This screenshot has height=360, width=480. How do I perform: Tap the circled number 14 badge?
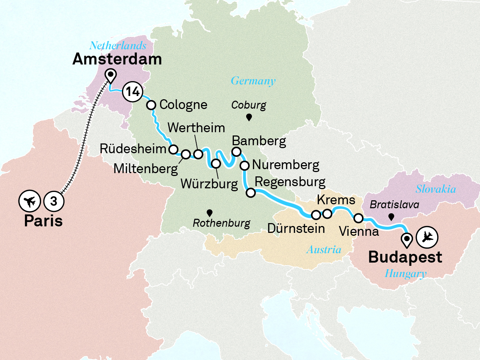(x=132, y=92)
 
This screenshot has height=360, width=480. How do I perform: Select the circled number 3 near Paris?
(x=54, y=201)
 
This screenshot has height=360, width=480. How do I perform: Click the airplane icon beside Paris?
(x=29, y=201)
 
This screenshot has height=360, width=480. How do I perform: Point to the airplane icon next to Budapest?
(x=427, y=237)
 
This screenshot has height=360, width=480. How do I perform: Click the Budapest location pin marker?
(x=407, y=239)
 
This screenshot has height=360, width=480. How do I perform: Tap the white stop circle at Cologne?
(x=151, y=105)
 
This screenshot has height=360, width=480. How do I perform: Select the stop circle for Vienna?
(x=358, y=218)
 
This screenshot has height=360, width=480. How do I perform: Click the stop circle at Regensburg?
(x=250, y=193)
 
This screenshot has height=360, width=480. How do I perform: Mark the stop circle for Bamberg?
(x=236, y=152)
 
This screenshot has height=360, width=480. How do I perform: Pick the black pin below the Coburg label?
(x=249, y=117)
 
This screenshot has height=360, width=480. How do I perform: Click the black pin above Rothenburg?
(x=209, y=213)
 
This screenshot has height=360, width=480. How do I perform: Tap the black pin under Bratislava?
(x=391, y=217)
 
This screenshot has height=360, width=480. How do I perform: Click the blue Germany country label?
(x=253, y=81)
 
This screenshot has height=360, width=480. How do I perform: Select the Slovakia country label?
(x=435, y=189)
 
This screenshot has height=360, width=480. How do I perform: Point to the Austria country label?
(x=324, y=250)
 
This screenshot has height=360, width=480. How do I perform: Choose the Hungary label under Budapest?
(x=405, y=273)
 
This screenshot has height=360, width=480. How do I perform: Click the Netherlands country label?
(x=118, y=46)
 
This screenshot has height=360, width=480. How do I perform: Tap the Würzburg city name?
(x=209, y=184)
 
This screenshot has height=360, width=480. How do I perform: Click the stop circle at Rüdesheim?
(x=173, y=149)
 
